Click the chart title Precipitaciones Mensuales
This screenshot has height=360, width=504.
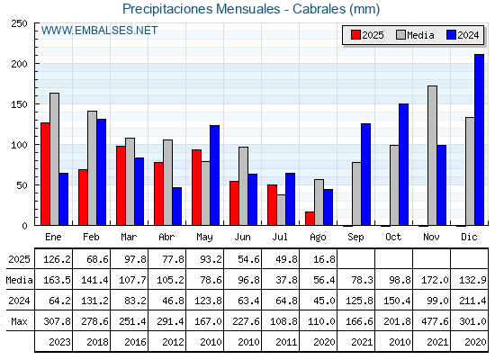[202, 9]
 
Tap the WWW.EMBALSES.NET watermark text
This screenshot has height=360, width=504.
[99, 31]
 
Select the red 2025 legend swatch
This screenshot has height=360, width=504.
[355, 35]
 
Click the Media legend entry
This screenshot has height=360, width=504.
[415, 35]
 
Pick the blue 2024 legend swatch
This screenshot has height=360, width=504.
[451, 35]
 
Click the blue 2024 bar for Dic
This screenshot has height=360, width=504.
[479, 139]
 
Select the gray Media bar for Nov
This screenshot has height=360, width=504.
[432, 156]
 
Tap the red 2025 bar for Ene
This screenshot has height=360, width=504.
[45, 174]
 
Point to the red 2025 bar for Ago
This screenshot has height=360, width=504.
[310, 219]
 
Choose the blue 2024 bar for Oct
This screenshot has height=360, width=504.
[403, 165]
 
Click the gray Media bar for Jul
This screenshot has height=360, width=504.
[281, 210]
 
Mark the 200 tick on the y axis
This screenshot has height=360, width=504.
[19, 64]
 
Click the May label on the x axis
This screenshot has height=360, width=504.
[204, 238]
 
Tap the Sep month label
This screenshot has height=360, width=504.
[355, 237]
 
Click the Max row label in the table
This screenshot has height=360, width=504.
[19, 321]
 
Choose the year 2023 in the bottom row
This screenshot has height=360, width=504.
[59, 342]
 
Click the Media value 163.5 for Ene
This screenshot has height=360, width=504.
[57, 280]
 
